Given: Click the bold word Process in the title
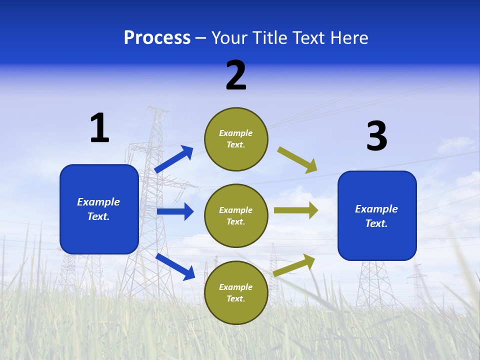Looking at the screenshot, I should (x=157, y=37).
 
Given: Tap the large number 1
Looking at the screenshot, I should (x=99, y=127).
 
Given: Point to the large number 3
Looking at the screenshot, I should (x=376, y=136).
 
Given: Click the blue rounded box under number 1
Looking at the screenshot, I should (x=99, y=209).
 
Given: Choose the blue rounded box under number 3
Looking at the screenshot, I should (x=377, y=215).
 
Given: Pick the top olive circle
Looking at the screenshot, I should (x=236, y=139).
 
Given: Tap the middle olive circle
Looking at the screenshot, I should (x=236, y=215).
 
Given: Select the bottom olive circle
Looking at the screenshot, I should (x=236, y=292).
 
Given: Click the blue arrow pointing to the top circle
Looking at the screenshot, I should (x=174, y=159).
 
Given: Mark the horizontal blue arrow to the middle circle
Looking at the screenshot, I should (x=175, y=211).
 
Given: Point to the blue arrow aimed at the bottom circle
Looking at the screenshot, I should (x=175, y=266).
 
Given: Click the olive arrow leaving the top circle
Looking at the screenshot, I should (x=297, y=160).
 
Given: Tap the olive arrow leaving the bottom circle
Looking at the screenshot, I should (x=294, y=265).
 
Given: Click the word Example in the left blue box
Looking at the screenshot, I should (x=98, y=202).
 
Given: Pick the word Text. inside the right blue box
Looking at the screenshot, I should (x=376, y=223).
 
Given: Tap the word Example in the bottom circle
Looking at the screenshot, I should (x=236, y=287).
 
